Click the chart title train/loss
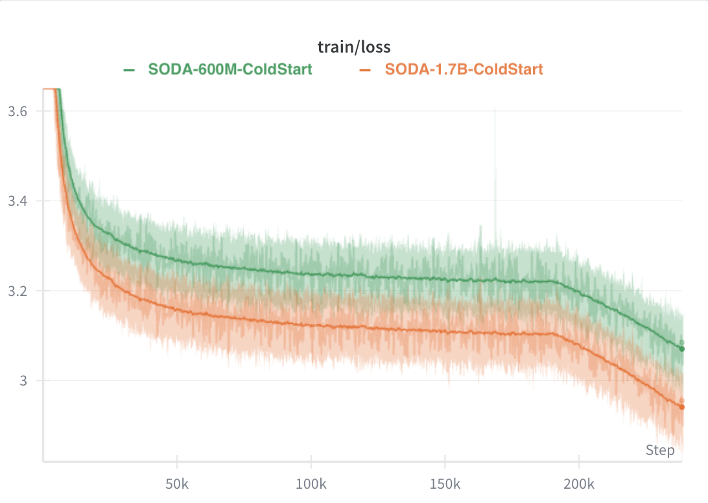pyautogui.click(x=353, y=47)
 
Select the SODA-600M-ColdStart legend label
pyautogui.click(x=230, y=69)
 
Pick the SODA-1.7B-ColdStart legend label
pyautogui.click(x=464, y=69)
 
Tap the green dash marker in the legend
pyautogui.click(x=129, y=69)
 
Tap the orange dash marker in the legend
pyautogui.click(x=366, y=69)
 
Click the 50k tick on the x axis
pyautogui.click(x=177, y=484)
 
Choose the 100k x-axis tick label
pyautogui.click(x=311, y=484)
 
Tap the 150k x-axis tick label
pyautogui.click(x=445, y=484)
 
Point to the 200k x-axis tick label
pyautogui.click(x=579, y=484)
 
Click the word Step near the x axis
pyautogui.click(x=660, y=450)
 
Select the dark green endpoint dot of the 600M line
pyautogui.click(x=681, y=349)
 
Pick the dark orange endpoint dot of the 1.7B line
pyautogui.click(x=681, y=407)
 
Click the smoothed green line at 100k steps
pyautogui.click(x=311, y=274)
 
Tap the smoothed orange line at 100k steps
pyautogui.click(x=311, y=325)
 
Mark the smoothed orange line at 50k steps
pyautogui.click(x=177, y=310)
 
